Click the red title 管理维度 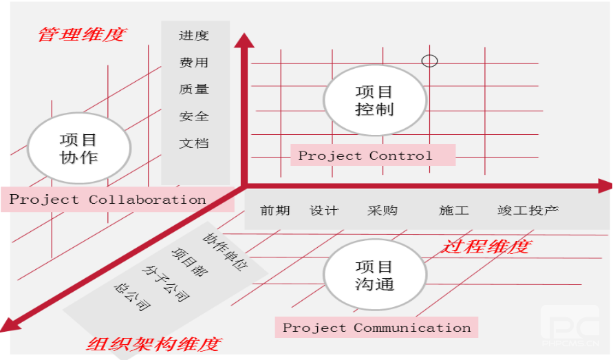pyautogui.click(x=83, y=34)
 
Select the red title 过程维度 pyautogui.click(x=486, y=246)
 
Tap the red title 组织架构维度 pyautogui.click(x=154, y=344)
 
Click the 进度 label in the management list pyautogui.click(x=194, y=36)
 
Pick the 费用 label pyautogui.click(x=194, y=63)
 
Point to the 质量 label pyautogui.click(x=194, y=89)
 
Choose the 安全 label pyautogui.click(x=194, y=116)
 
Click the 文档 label pyautogui.click(x=194, y=143)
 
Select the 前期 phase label pyautogui.click(x=275, y=211)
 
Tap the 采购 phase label pyautogui.click(x=383, y=211)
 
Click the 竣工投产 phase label pyautogui.click(x=528, y=211)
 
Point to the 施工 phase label pyautogui.click(x=454, y=211)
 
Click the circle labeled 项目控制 pyautogui.click(x=374, y=100)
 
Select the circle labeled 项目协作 pyautogui.click(x=79, y=148)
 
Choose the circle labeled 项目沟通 pyautogui.click(x=374, y=275)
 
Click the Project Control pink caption pyautogui.click(x=373, y=155)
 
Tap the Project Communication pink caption pyautogui.click(x=376, y=327)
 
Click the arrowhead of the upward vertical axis pyautogui.click(x=244, y=41)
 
